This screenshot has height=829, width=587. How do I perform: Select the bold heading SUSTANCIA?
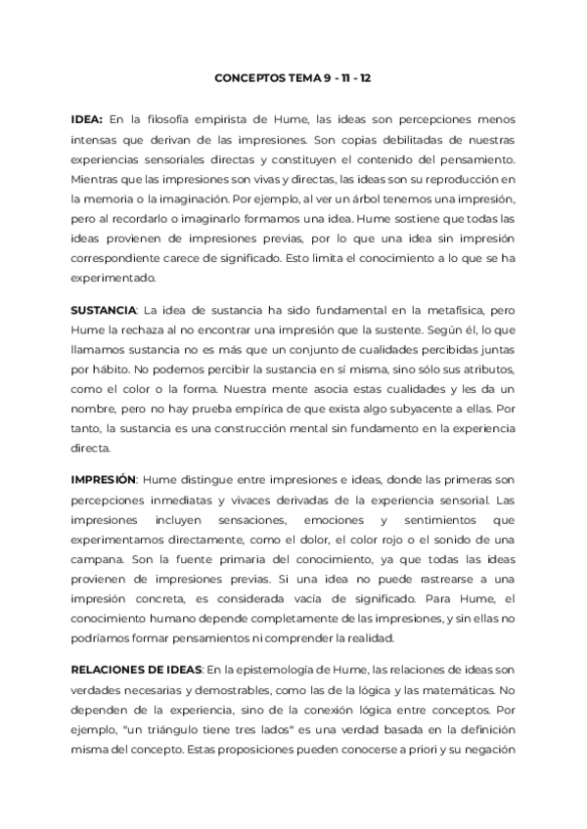click(x=103, y=310)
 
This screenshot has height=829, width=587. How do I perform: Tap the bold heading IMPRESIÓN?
click(x=104, y=480)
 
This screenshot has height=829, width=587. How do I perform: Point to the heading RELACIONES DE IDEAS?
click(x=136, y=669)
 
